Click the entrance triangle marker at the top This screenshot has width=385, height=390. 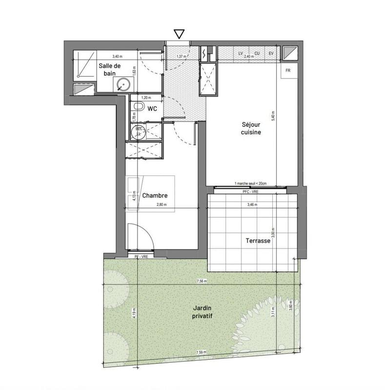(x=179, y=34)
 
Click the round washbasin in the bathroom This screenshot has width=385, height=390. (x=123, y=85)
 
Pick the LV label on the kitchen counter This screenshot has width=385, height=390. (x=241, y=53)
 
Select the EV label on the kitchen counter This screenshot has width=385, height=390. (x=271, y=53)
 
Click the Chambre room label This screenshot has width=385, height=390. (x=155, y=196)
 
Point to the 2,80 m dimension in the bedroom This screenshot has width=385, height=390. (x=162, y=205)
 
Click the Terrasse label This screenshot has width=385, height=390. (x=258, y=241)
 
